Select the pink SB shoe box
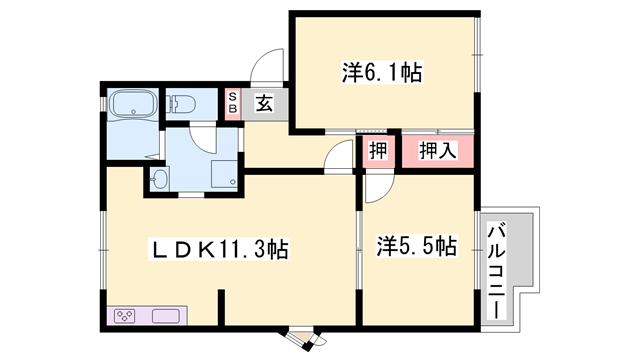coord(232,103)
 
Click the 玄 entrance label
coord(263,102)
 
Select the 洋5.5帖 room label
coord(417,245)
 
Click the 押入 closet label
coord(437,152)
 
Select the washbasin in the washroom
coord(160,179)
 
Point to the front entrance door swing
coord(267,70)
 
